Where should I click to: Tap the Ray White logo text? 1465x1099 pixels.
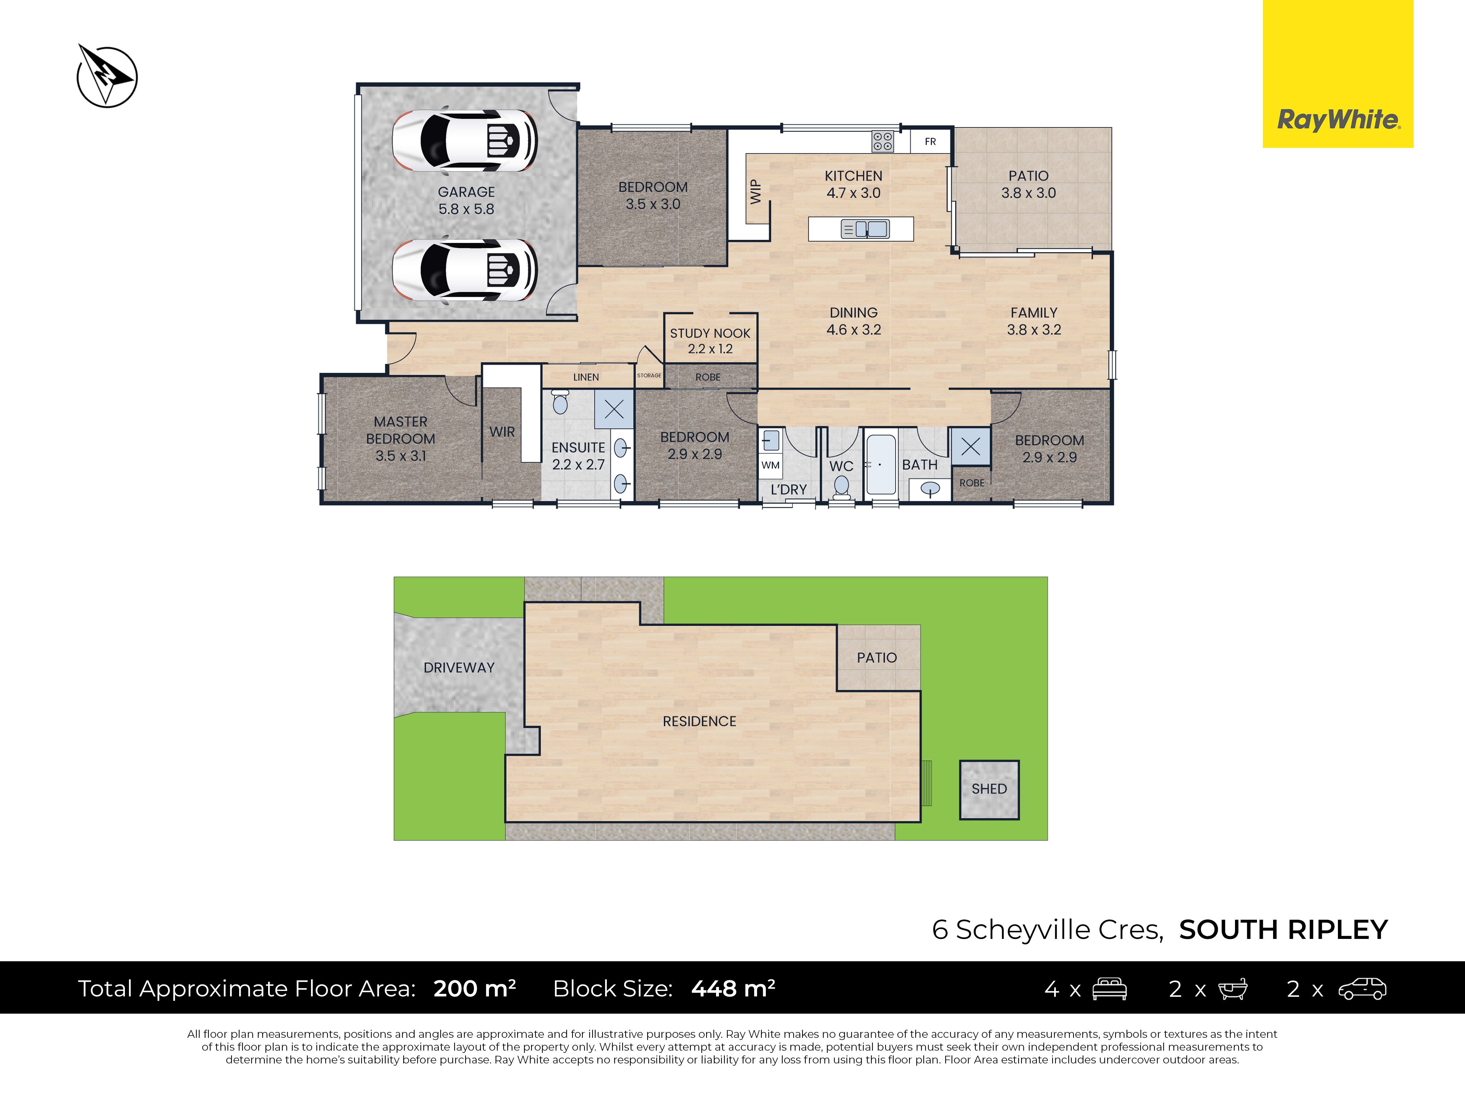point(1338,120)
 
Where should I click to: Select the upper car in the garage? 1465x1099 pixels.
point(465,140)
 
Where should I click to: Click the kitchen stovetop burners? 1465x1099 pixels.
point(882,141)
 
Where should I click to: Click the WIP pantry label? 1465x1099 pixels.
point(755,192)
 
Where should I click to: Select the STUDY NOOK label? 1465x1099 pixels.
point(710,333)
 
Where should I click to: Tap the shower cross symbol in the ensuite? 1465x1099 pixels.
point(614,410)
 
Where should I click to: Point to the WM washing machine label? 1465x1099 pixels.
point(770,465)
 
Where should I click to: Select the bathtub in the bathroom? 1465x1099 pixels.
point(881,465)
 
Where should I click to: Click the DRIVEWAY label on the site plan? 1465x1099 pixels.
point(459,668)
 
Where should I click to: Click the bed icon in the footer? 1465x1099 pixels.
point(1109,988)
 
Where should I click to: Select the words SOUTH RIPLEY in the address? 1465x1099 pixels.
point(1283,930)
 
